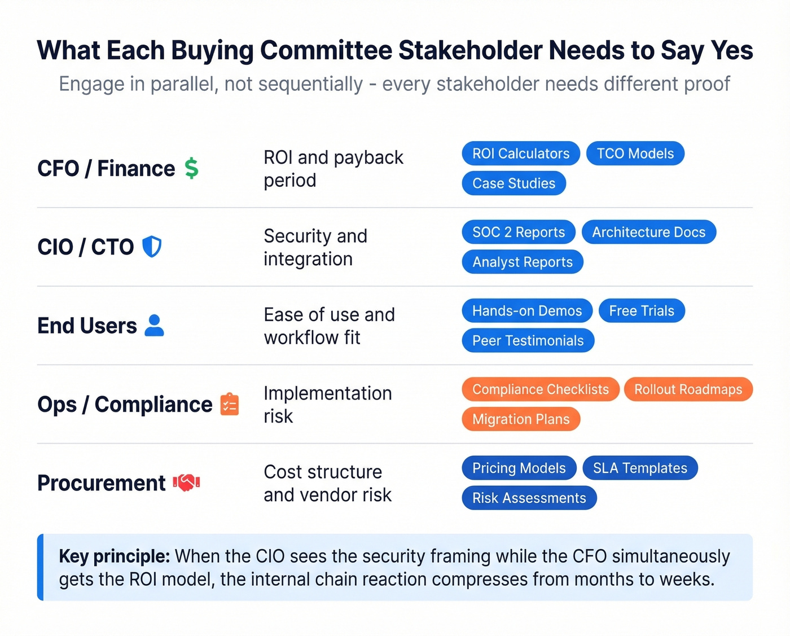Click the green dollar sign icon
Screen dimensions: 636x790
(x=191, y=168)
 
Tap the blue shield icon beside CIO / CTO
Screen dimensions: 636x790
(x=152, y=247)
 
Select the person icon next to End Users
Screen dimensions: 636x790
(x=154, y=326)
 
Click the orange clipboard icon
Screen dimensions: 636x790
(x=230, y=404)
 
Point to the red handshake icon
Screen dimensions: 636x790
(x=186, y=483)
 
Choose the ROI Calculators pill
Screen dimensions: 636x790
(x=520, y=153)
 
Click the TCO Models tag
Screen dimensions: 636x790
(x=635, y=153)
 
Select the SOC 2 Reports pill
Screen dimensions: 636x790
(x=518, y=232)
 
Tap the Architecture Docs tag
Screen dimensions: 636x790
(x=648, y=232)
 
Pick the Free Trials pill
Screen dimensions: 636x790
(x=641, y=311)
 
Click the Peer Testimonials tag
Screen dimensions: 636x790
(x=528, y=341)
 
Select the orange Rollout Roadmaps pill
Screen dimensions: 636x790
(x=688, y=389)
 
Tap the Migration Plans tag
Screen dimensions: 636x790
(x=520, y=419)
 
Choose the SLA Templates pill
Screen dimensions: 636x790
(x=640, y=468)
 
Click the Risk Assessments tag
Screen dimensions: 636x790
(x=529, y=498)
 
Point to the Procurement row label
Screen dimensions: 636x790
(x=102, y=483)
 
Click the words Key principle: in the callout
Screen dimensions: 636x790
(x=114, y=556)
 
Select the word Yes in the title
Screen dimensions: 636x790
(x=732, y=51)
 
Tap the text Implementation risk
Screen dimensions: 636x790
(x=327, y=404)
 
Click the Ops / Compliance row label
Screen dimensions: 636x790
(x=125, y=405)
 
